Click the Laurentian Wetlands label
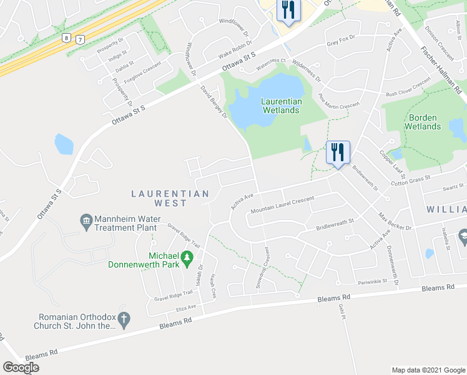(281, 106)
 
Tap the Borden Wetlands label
(425, 122)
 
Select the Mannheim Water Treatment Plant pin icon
(86, 221)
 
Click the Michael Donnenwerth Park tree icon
(186, 258)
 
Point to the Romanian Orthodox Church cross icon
(124, 320)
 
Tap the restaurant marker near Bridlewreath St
(338, 152)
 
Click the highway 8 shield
(66, 39)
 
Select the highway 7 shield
(79, 39)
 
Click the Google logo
(21, 367)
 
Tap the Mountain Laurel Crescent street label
(282, 205)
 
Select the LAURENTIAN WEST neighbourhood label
(170, 199)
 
